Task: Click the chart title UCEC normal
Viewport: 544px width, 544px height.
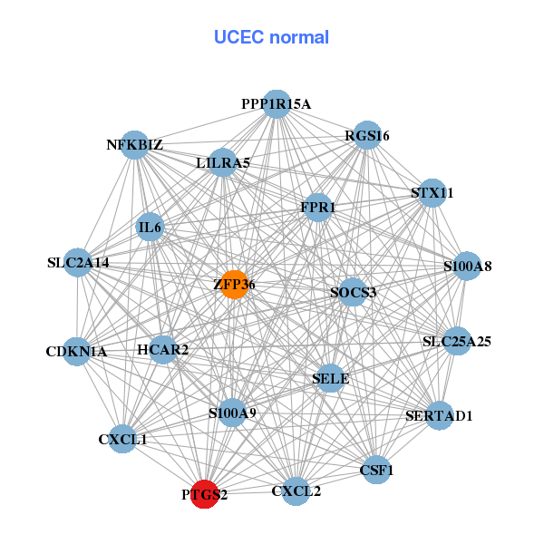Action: coord(271,37)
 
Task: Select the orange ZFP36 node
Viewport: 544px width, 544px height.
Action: coord(234,285)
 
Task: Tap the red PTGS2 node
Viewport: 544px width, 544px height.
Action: coord(205,495)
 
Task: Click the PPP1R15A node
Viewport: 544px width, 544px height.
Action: coord(276,104)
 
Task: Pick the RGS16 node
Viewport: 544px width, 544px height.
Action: coord(367,136)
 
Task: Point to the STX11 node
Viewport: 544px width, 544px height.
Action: coord(432,193)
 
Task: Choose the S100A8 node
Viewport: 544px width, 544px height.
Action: coord(467,267)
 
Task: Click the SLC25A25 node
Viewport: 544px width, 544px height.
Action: coord(457,342)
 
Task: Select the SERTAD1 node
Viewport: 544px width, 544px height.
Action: coord(440,415)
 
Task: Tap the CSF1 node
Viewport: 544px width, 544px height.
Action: coord(376,470)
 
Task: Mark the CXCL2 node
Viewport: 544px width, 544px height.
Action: coord(296,491)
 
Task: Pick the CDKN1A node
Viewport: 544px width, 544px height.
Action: coord(76,351)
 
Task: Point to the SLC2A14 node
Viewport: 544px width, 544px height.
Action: coord(78,263)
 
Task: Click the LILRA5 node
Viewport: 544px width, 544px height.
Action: coord(223,163)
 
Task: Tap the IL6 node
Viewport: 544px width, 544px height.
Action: coord(150,227)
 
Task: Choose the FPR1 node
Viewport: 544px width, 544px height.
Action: coord(317,208)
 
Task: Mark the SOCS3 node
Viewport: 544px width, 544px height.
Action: coord(353,292)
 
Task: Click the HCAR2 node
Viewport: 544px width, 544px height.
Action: coord(163,349)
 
